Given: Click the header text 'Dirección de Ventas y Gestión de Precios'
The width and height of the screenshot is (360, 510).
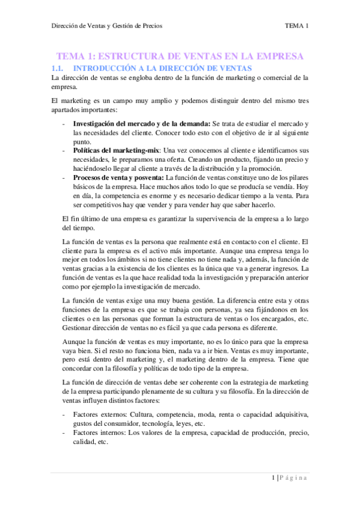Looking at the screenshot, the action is [x=106, y=26].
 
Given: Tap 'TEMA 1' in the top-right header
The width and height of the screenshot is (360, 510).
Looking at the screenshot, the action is [x=297, y=26].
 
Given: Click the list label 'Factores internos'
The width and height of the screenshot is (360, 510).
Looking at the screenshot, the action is [x=100, y=432].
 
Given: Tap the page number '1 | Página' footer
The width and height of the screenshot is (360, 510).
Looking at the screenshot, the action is [x=289, y=478].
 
